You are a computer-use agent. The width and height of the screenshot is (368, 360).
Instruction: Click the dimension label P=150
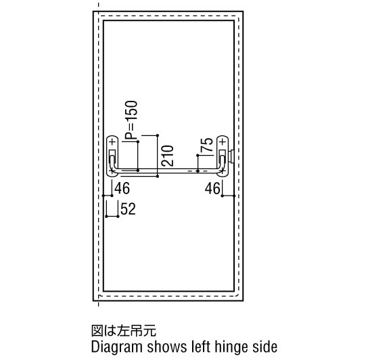click(x=131, y=120)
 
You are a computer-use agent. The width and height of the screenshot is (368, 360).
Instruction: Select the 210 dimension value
click(x=167, y=156)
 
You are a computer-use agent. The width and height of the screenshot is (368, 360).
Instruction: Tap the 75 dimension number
click(x=207, y=144)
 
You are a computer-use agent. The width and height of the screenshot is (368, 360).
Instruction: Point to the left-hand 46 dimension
click(x=122, y=188)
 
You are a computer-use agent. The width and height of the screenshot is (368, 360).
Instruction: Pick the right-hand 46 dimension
click(x=212, y=188)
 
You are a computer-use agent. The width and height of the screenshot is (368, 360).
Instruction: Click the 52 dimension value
click(x=128, y=209)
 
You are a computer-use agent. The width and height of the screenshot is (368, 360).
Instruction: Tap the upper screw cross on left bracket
click(x=113, y=141)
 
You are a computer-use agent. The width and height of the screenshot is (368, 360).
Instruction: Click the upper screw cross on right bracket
click(x=223, y=141)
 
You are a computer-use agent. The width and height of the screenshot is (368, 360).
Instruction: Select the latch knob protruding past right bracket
click(x=231, y=156)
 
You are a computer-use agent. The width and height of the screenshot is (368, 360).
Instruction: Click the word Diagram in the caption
click(x=116, y=347)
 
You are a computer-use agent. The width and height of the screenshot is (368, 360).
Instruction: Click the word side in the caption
click(x=264, y=346)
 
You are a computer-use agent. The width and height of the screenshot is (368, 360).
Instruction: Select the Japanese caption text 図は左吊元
click(x=124, y=331)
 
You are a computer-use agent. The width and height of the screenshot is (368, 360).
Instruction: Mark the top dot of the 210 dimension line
click(x=158, y=135)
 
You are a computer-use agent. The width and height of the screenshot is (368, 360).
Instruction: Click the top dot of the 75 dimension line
click(x=198, y=155)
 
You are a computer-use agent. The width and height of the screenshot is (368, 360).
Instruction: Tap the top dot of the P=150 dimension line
click(x=138, y=141)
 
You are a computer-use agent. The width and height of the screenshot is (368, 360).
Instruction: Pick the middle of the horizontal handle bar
click(x=167, y=171)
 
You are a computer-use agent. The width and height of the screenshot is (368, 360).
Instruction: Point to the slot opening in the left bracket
click(x=112, y=152)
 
